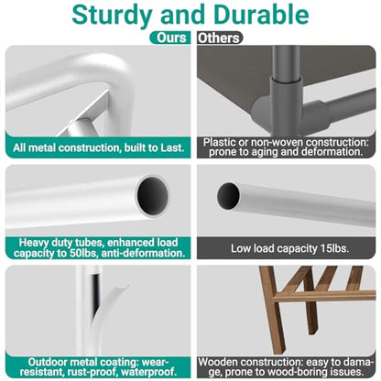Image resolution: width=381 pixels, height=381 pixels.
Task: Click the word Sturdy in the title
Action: click(112, 16)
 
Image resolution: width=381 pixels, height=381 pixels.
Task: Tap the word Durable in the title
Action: click(262, 15)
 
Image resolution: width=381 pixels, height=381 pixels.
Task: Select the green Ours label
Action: click(170, 38)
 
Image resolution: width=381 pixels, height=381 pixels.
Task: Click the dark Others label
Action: click(219, 38)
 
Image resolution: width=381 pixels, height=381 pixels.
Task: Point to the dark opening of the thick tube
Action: click(152, 196)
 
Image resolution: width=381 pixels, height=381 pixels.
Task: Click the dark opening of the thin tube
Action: click(228, 196)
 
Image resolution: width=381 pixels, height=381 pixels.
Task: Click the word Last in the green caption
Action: click(172, 147)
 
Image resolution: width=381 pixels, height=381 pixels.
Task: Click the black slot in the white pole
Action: click(95, 290)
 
